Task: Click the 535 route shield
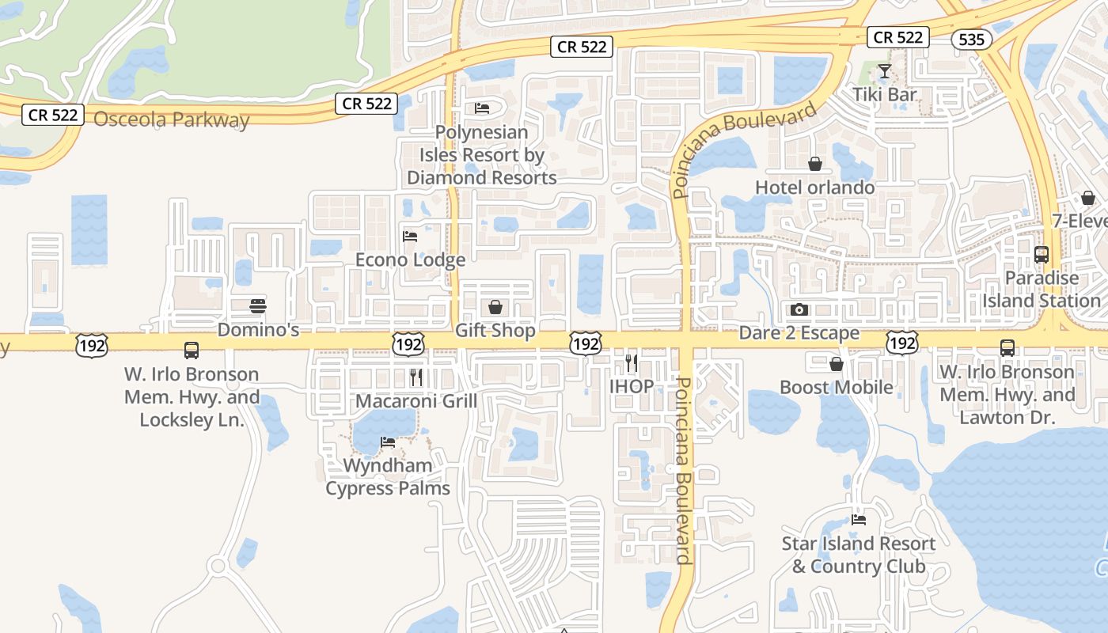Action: [x=971, y=39]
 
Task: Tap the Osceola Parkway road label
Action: [x=171, y=120]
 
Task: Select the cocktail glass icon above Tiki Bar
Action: [x=884, y=72]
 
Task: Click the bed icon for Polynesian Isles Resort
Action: [x=482, y=108]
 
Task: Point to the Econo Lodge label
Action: [x=410, y=260]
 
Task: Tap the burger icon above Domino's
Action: [x=258, y=305]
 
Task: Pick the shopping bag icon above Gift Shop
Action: [x=495, y=307]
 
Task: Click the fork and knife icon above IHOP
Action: [x=631, y=363]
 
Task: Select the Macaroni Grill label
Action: [x=416, y=401]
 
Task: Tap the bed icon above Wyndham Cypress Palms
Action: [x=388, y=442]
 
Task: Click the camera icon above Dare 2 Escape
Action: [x=799, y=309]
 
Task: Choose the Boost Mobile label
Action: [x=837, y=387]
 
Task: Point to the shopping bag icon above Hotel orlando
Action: [x=815, y=164]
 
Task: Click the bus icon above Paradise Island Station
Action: [x=1042, y=255]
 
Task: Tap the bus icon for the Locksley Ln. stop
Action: [x=192, y=351]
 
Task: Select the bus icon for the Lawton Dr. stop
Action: [x=1007, y=348]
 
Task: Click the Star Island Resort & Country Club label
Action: [x=859, y=555]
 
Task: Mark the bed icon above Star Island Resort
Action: [x=859, y=520]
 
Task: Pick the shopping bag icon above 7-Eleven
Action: [x=1088, y=198]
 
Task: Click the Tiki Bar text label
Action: [x=885, y=95]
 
